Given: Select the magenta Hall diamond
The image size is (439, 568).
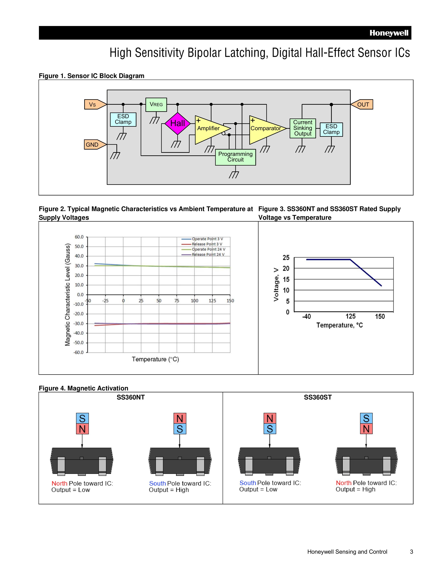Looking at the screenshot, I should [x=177, y=123].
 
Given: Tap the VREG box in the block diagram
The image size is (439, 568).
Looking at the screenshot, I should [x=156, y=105].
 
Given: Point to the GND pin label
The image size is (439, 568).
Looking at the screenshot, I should [x=92, y=145].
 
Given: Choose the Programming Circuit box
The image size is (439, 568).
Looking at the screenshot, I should [x=235, y=157].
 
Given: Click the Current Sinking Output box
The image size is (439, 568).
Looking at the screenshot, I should [x=302, y=128].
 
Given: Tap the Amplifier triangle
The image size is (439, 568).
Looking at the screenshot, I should [x=209, y=128].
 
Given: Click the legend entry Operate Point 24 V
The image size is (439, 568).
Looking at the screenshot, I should [x=208, y=249].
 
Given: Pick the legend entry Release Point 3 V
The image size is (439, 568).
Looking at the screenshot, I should [x=207, y=244].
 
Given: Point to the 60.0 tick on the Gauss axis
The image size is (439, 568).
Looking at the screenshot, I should [x=79, y=237].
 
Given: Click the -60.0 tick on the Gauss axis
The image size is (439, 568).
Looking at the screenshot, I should [x=79, y=352].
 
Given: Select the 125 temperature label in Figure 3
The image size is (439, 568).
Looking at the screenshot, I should [x=350, y=316].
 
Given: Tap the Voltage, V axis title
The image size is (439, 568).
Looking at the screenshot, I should [x=276, y=284].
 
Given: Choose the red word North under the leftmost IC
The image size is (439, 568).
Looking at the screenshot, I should [x=59, y=483].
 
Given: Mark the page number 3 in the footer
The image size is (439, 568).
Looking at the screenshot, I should [x=411, y=552].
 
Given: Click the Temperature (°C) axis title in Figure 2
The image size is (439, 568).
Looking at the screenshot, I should [x=155, y=359].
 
